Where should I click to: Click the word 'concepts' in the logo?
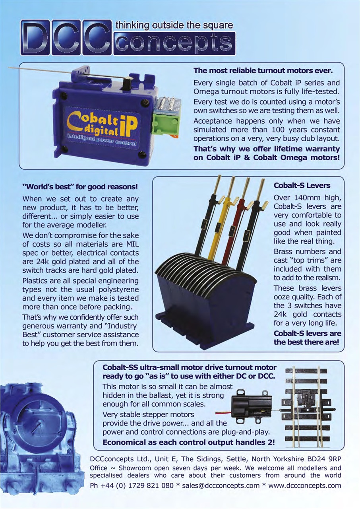[174, 43]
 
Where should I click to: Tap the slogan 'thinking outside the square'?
[174, 25]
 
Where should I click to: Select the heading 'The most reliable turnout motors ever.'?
[263, 71]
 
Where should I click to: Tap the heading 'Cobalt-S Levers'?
[302, 185]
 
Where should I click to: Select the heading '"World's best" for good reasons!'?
[80, 187]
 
